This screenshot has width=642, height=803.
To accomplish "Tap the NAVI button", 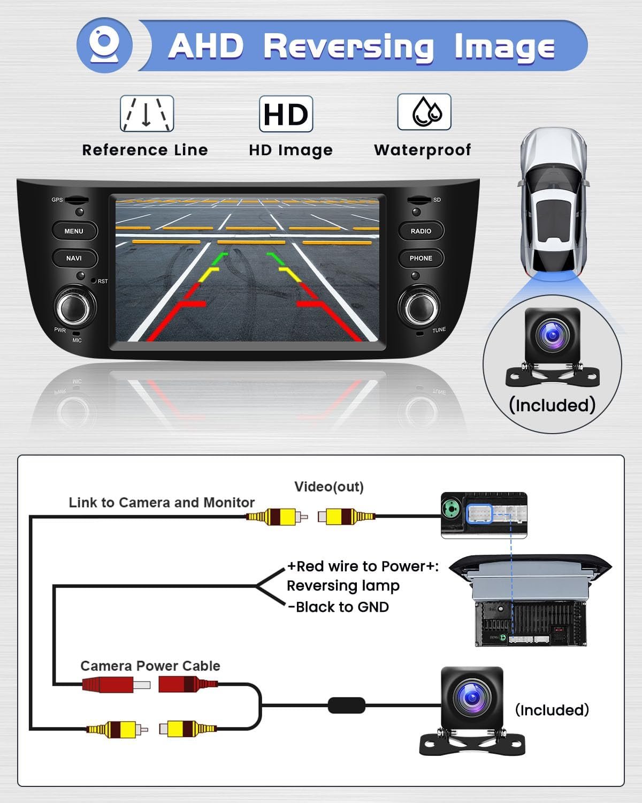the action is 74,258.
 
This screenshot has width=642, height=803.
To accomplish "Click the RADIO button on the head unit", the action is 421,231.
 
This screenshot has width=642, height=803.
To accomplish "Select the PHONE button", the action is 421,258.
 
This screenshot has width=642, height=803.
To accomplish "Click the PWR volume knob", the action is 75,307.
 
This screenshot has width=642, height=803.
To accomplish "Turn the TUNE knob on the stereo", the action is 419,307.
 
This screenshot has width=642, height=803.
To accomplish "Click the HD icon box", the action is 286,114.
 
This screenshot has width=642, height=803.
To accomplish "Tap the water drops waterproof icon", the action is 424,112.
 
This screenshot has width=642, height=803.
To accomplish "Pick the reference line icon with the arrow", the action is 147,113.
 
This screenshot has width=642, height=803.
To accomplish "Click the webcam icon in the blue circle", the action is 104,45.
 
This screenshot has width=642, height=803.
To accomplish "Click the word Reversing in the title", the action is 349,48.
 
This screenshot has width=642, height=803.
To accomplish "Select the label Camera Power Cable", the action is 150,665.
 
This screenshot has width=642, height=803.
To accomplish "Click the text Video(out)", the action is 328,487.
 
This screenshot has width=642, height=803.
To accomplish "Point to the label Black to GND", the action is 339,607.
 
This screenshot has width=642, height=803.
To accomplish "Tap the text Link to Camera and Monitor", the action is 162,503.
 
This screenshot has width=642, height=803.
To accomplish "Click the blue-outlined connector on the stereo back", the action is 480,514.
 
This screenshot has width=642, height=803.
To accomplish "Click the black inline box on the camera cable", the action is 347,706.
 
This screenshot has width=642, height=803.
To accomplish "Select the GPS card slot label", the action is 57,200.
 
